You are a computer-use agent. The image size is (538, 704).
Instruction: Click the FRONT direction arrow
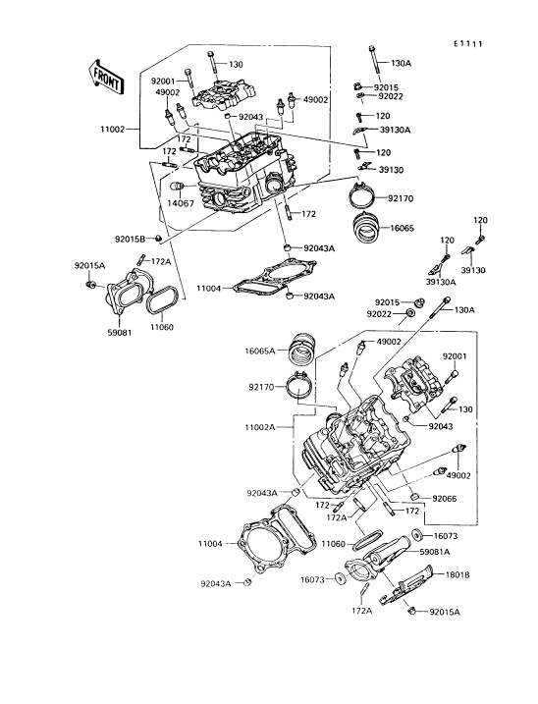pyautogui.click(x=106, y=78)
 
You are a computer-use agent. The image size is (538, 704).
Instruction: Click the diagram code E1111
pyautogui.click(x=467, y=44)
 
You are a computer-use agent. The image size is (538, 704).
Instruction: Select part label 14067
pyautogui.click(x=181, y=203)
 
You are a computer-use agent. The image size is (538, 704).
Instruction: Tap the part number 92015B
pyautogui.click(x=130, y=240)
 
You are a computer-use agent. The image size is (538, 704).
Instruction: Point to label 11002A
pyautogui.click(x=259, y=427)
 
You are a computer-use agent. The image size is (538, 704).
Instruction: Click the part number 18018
pyautogui.click(x=457, y=574)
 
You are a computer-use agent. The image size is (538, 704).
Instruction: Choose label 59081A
pyautogui.click(x=434, y=552)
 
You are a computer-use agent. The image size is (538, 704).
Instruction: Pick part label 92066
pyautogui.click(x=445, y=499)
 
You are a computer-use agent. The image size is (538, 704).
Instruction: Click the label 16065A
pyautogui.click(x=260, y=351)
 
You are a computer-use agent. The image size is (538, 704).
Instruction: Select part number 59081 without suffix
pyautogui.click(x=119, y=333)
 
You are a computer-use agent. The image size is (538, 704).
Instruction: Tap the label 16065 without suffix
pyautogui.click(x=402, y=228)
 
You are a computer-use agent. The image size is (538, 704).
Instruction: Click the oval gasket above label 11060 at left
pyautogui.click(x=161, y=303)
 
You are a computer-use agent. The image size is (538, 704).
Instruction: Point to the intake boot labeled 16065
pyautogui.click(x=367, y=229)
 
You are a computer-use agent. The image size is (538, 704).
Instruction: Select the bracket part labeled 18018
pyautogui.click(x=406, y=586)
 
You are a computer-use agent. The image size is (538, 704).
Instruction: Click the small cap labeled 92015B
pyautogui.click(x=158, y=238)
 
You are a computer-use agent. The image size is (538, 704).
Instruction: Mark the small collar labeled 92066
pyautogui.click(x=415, y=497)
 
